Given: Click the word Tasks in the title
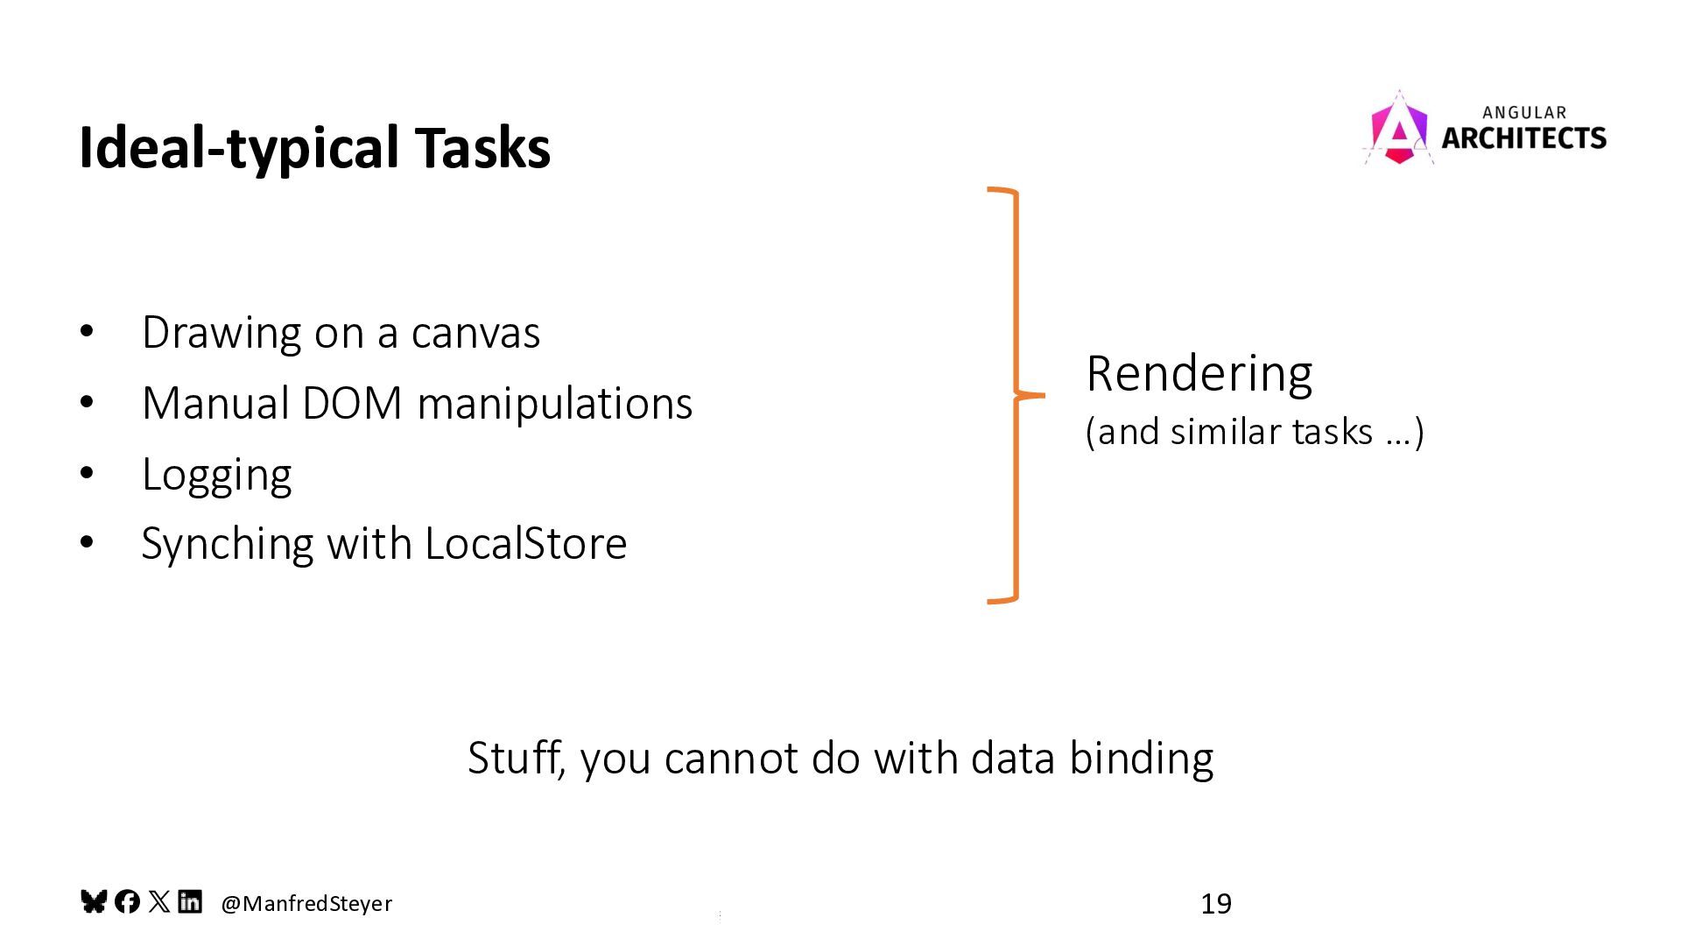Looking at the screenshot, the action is pyautogui.click(x=482, y=147).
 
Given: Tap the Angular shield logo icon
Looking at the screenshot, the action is pyautogui.click(x=1398, y=130).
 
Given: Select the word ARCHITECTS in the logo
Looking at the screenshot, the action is pyautogui.click(x=1523, y=138).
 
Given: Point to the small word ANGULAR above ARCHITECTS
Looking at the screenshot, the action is pyautogui.click(x=1524, y=112).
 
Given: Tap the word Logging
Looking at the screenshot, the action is pyautogui.click(x=216, y=475).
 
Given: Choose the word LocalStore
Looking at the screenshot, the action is pyautogui.click(x=525, y=544).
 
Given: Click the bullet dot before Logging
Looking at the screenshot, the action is pyautogui.click(x=86, y=473).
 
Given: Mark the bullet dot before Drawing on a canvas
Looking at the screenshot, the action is pyautogui.click(x=86, y=332).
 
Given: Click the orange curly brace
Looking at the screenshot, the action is pyautogui.click(x=1015, y=395).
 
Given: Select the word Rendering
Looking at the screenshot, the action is pyautogui.click(x=1199, y=373).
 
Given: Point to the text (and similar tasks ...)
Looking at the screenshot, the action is pyautogui.click(x=1254, y=432).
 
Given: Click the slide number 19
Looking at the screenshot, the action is pyautogui.click(x=1215, y=903).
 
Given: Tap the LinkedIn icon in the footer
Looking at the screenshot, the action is pyautogui.click(x=190, y=901).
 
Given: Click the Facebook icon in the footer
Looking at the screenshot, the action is pyautogui.click(x=127, y=901).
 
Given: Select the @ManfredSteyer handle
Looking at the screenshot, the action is pyautogui.click(x=306, y=903).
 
